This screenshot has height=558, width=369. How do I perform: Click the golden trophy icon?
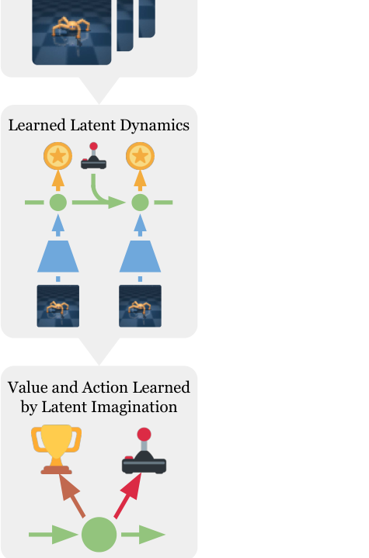56,449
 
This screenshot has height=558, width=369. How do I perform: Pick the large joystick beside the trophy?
144,451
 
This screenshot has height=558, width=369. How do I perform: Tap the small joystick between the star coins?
94,156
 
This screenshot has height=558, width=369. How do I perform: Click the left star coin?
58,156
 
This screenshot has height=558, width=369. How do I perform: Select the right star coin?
140,156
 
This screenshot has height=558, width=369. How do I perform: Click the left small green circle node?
58,203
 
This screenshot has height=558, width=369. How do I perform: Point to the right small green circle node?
140,203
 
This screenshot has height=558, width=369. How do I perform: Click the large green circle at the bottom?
99,534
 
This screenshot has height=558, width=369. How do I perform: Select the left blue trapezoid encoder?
58,256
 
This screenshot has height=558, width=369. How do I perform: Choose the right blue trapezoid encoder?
140,256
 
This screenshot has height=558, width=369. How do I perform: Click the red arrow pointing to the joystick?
128,495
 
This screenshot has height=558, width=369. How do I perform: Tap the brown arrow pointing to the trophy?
71,495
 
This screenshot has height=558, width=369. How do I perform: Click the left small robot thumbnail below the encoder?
58,306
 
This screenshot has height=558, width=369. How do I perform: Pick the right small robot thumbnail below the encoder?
140,306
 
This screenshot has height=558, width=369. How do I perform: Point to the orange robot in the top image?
71,28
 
